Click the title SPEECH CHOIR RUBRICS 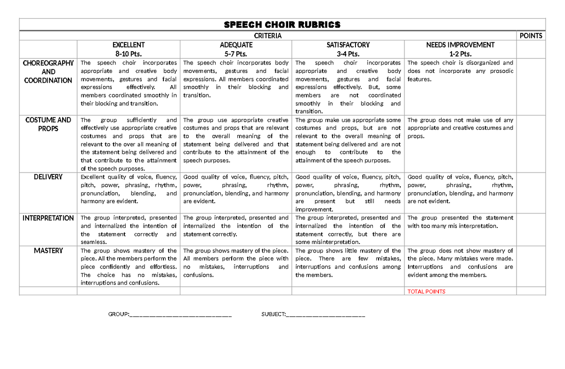(282, 25)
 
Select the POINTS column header (531, 36)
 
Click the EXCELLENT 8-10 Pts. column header (129, 49)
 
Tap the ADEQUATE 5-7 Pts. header (236, 49)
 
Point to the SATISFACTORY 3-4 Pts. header (348, 49)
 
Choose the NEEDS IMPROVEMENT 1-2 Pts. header (460, 49)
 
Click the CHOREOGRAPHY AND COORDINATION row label (48, 71)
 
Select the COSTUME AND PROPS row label (48, 124)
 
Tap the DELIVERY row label (48, 177)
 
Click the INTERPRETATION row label (48, 218)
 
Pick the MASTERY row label (48, 251)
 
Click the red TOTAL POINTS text (426, 291)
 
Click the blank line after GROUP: (180, 314)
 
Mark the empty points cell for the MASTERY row (531, 267)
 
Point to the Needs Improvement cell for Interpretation (460, 229)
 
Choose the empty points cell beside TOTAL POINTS (531, 291)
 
